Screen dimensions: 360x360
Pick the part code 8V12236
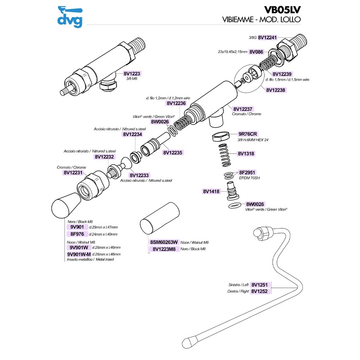pyautogui.click(x=176, y=103)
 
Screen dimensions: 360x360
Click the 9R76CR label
pyautogui.click(x=247, y=134)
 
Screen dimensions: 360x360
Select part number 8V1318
pyautogui.click(x=246, y=153)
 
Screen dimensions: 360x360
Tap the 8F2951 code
pyautogui.click(x=247, y=172)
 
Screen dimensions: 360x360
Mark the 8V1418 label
pyautogui.click(x=211, y=191)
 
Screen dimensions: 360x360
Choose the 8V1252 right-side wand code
pyautogui.click(x=259, y=291)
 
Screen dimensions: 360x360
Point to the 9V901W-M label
pyautogui.click(x=79, y=254)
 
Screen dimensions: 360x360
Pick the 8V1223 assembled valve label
pyautogui.click(x=131, y=73)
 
